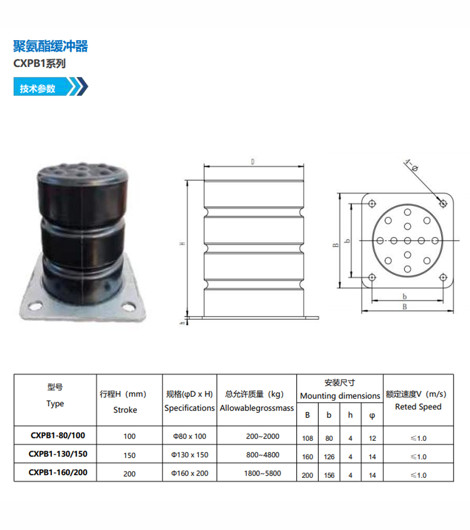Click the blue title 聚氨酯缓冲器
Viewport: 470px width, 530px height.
click(x=50, y=46)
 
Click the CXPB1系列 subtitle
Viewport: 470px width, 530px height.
click(x=39, y=64)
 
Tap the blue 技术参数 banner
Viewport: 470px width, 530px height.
click(x=51, y=87)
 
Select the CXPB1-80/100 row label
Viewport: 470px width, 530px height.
click(x=58, y=436)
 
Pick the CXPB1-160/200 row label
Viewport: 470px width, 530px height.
click(x=58, y=472)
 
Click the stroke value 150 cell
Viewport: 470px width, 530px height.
click(x=130, y=455)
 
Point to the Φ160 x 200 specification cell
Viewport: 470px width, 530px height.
click(x=189, y=473)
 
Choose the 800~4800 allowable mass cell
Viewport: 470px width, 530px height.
click(x=263, y=455)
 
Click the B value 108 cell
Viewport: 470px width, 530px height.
click(x=307, y=438)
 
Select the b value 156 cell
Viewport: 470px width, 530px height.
click(x=329, y=475)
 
